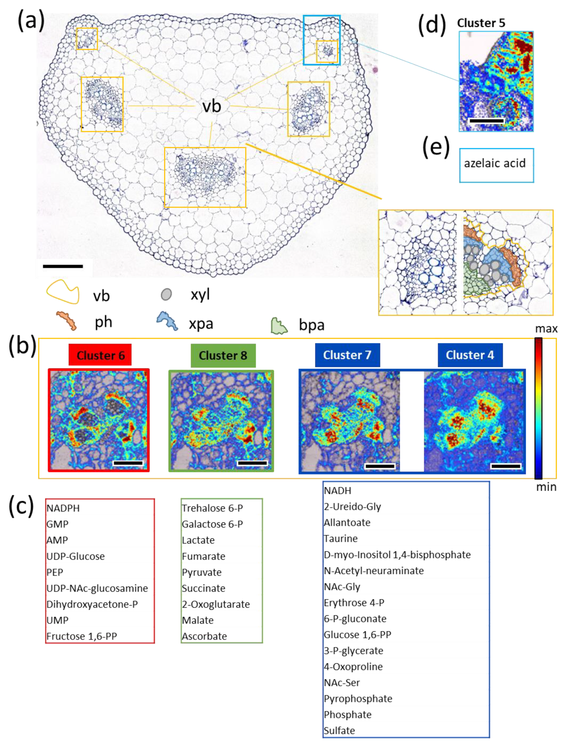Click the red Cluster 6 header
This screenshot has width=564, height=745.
pyautogui.click(x=100, y=355)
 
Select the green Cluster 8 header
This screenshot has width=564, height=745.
pyautogui.click(x=223, y=355)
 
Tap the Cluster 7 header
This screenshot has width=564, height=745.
pyautogui.click(x=347, y=355)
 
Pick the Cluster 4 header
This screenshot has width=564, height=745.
pyautogui.click(x=470, y=355)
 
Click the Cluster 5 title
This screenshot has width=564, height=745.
pyautogui.click(x=481, y=23)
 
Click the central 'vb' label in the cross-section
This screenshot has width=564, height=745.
pyautogui.click(x=212, y=106)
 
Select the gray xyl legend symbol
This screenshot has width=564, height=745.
pyautogui.click(x=166, y=294)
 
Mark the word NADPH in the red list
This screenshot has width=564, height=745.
pyautogui.click(x=63, y=508)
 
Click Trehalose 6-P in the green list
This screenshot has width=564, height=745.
pyautogui.click(x=212, y=508)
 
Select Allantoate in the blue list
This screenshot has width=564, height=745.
pyautogui.click(x=347, y=522)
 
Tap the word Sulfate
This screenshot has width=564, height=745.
pyautogui.click(x=339, y=730)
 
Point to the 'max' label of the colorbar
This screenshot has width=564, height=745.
pyautogui.click(x=546, y=329)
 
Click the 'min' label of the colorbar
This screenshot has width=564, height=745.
pyautogui.click(x=546, y=487)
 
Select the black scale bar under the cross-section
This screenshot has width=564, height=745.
pyautogui.click(x=63, y=267)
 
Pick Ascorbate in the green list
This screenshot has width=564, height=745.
pyautogui.click(x=204, y=636)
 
